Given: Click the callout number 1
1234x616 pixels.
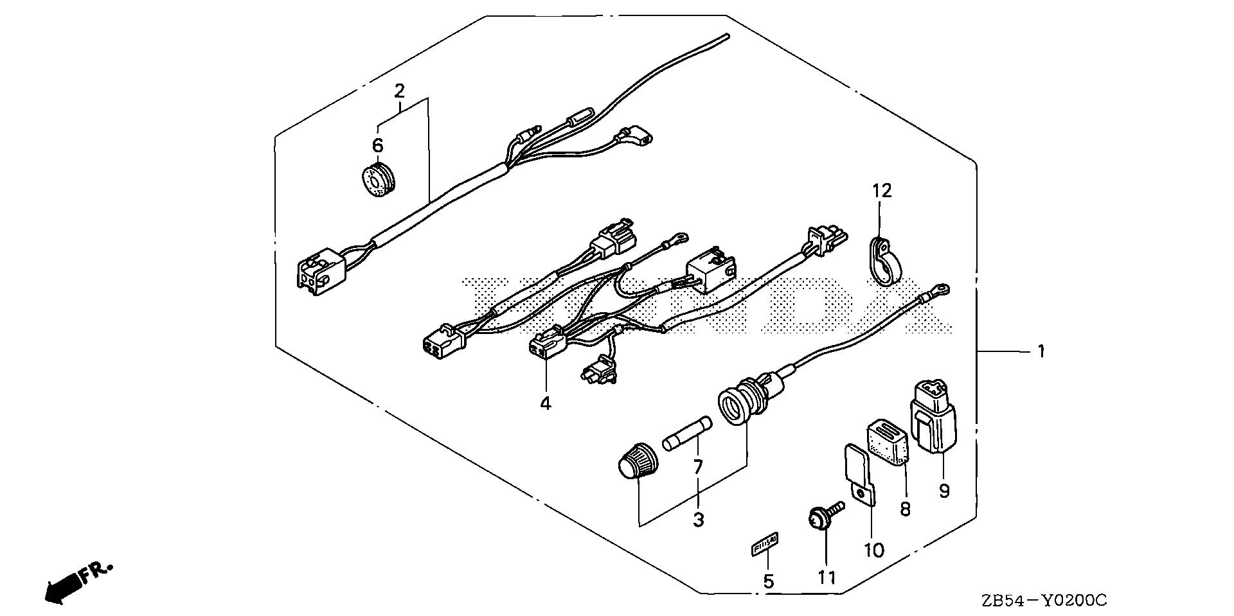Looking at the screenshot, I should tap(1041, 352).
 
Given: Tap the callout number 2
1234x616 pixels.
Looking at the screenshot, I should tap(399, 91).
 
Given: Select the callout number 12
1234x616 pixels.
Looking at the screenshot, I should tap(882, 190).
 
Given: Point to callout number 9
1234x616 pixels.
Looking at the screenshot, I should tap(943, 491).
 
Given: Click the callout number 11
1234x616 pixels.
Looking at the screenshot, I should tap(827, 577).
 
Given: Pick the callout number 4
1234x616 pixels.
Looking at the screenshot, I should tap(545, 403).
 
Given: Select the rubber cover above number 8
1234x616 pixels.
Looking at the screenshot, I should tap(889, 442).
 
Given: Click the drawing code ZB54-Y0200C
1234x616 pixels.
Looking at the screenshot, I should tap(1044, 601).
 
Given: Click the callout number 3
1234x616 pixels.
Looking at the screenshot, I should tap(698, 520).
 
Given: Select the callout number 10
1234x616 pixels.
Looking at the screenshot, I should tap(874, 550).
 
